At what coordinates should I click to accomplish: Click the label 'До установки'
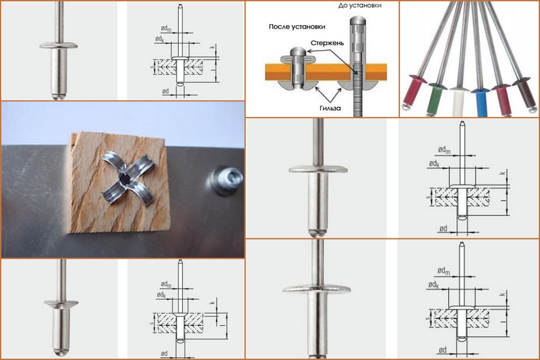(x=359, y=6)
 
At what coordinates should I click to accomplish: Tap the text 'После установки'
(x=297, y=27)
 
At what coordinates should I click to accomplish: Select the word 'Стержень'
(x=327, y=43)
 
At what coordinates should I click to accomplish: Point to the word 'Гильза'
(x=330, y=108)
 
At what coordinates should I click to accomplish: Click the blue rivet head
(x=480, y=91)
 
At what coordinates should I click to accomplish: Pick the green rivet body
(x=435, y=102)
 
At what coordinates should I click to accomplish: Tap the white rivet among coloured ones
(x=459, y=101)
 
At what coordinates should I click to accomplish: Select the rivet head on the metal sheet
(x=225, y=181)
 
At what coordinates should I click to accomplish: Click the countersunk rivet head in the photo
(x=61, y=304)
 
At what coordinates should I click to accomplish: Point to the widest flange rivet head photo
(x=317, y=289)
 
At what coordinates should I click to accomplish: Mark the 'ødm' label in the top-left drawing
(x=166, y=29)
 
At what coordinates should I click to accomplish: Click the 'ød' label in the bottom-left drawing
(x=164, y=353)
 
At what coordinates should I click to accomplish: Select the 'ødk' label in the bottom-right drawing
(x=434, y=285)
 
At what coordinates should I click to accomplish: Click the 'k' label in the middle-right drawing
(x=503, y=172)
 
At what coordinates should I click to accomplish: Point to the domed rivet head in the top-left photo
(x=58, y=45)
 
